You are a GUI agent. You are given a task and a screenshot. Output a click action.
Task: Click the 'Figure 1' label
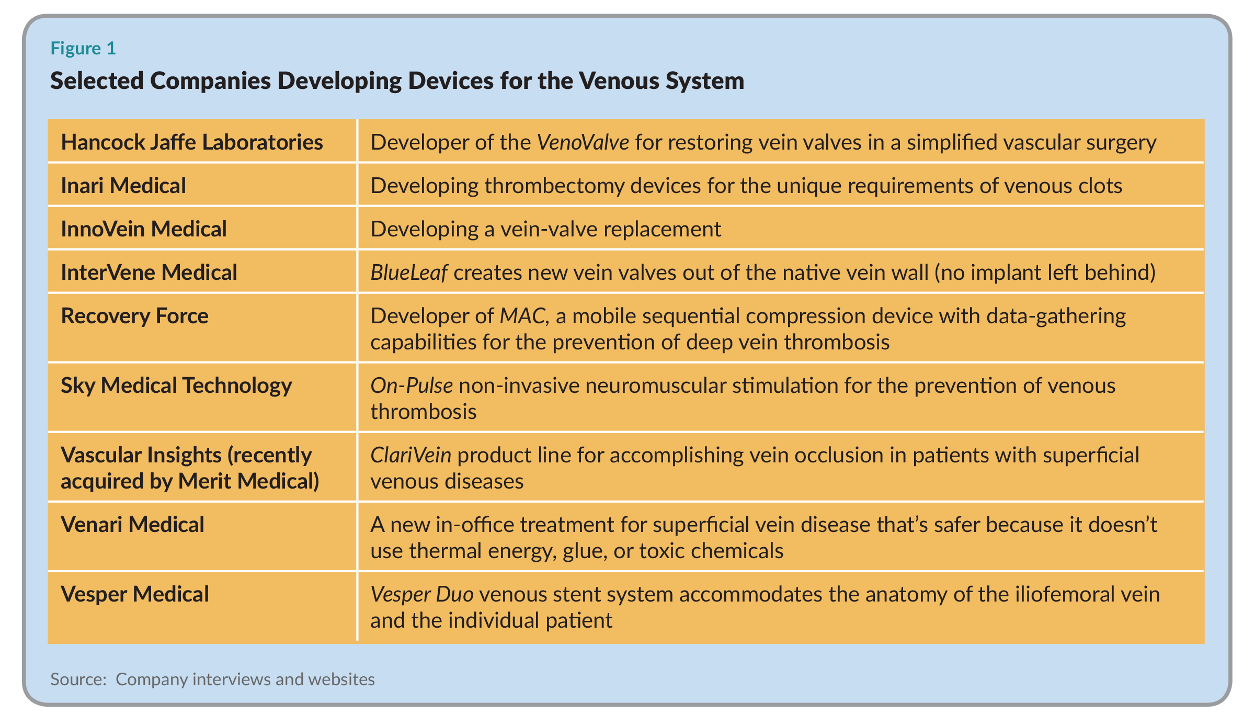(83, 48)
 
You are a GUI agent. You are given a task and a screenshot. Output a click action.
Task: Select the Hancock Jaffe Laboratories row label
(192, 142)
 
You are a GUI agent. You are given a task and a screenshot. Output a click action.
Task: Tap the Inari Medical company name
(123, 186)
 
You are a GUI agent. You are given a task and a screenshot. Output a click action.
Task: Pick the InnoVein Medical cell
(144, 229)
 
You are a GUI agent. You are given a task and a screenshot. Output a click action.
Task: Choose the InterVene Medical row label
(149, 273)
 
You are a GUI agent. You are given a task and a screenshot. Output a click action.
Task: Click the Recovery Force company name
(134, 316)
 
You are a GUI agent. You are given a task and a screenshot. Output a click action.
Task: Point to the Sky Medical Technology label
(176, 386)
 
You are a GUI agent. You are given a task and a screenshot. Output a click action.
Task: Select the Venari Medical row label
(132, 525)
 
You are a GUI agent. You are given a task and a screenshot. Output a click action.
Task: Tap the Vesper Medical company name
(135, 594)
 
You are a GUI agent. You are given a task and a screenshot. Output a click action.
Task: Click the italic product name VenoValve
(583, 142)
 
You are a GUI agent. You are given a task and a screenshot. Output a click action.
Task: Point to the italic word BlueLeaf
(409, 273)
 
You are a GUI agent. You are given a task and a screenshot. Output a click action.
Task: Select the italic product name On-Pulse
(412, 386)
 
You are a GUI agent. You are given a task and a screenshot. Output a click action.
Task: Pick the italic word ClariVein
(410, 455)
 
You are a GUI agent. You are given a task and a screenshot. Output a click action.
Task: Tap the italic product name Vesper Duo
(422, 594)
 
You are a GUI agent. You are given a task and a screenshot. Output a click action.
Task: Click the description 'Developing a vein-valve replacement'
(546, 230)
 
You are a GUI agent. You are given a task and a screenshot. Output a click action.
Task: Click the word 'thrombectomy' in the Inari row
(554, 186)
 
